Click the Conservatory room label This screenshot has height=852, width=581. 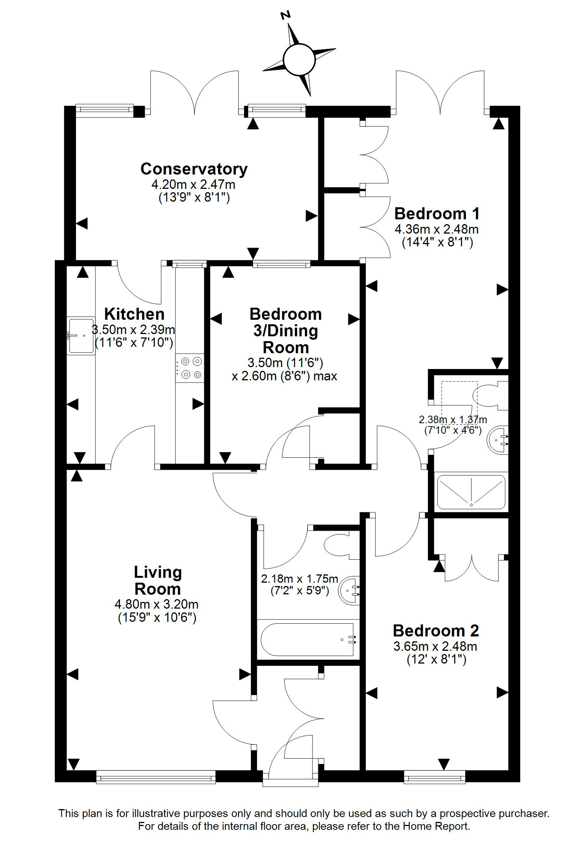coord(194,169)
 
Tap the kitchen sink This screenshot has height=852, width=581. coord(81,335)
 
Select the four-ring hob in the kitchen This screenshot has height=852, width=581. coord(190,368)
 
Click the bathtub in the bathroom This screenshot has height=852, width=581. coord(308,639)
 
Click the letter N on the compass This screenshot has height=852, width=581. coord(286,15)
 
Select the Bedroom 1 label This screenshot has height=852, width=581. coord(437,214)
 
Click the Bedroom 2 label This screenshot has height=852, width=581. coord(436,631)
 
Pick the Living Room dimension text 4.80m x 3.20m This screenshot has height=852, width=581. coord(156,604)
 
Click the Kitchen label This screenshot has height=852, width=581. coord(134,314)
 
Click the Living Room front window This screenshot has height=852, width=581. coord(156,777)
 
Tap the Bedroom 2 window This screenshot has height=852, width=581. coord(434,777)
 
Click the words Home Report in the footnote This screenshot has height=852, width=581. coord(436,826)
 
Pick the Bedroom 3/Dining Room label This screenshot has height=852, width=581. coord(286,331)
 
